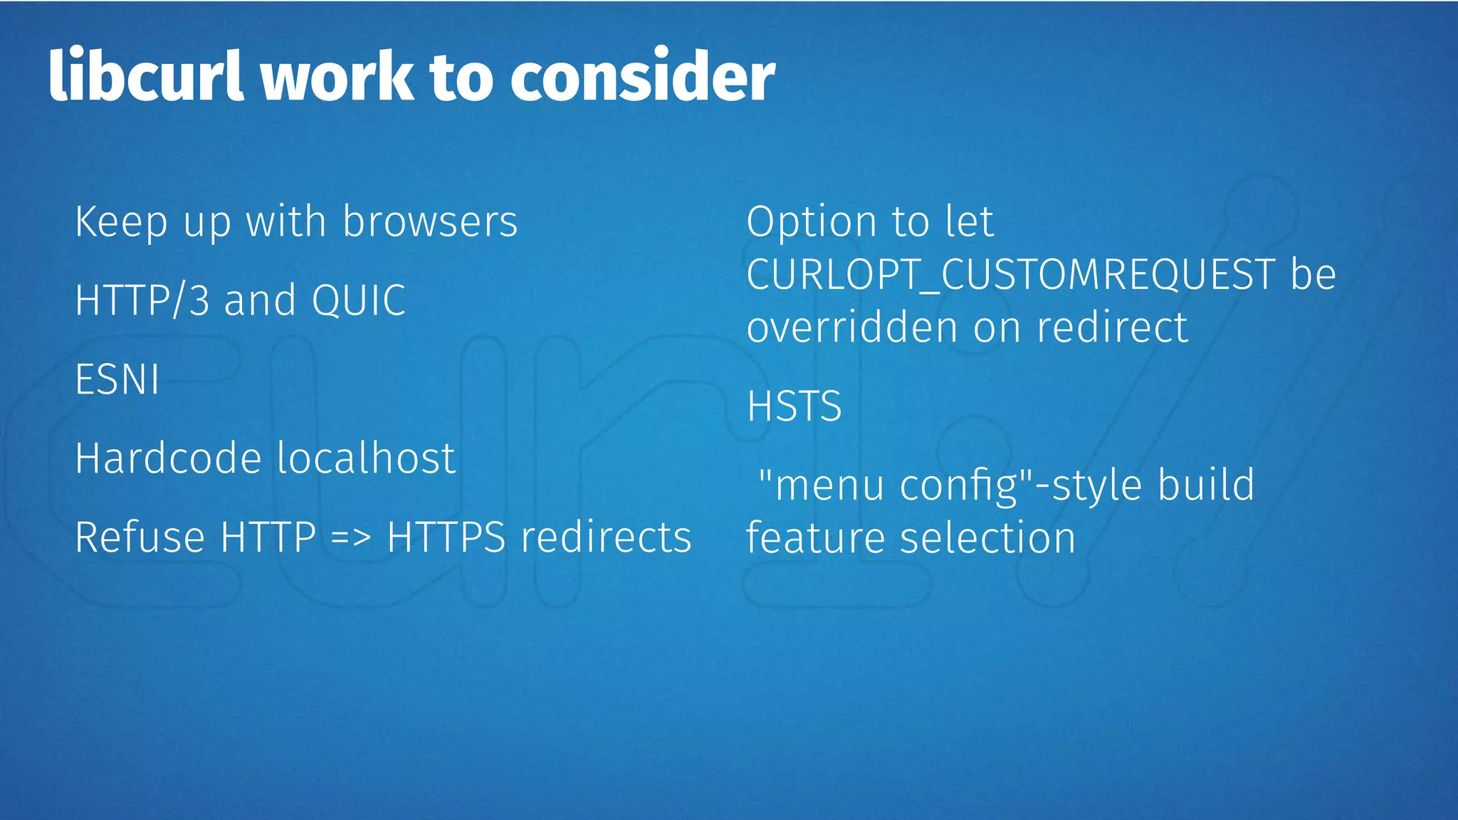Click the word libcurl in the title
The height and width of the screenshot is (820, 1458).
pos(146,75)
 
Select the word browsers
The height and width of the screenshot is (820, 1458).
pos(430,221)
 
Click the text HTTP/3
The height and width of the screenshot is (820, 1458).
pos(142,300)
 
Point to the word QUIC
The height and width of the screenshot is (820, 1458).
pos(358,300)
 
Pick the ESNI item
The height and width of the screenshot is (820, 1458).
pos(117,379)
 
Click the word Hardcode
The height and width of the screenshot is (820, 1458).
pos(168,458)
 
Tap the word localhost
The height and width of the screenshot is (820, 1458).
pos(366,458)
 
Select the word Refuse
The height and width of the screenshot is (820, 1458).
pos(140,537)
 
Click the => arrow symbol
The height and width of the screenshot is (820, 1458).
pos(351,538)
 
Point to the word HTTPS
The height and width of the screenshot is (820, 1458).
pos(446,537)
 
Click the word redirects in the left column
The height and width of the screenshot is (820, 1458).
pos(606,537)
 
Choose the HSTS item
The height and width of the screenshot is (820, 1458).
pos(794,406)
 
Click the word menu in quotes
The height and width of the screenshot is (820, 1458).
pos(828,485)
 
